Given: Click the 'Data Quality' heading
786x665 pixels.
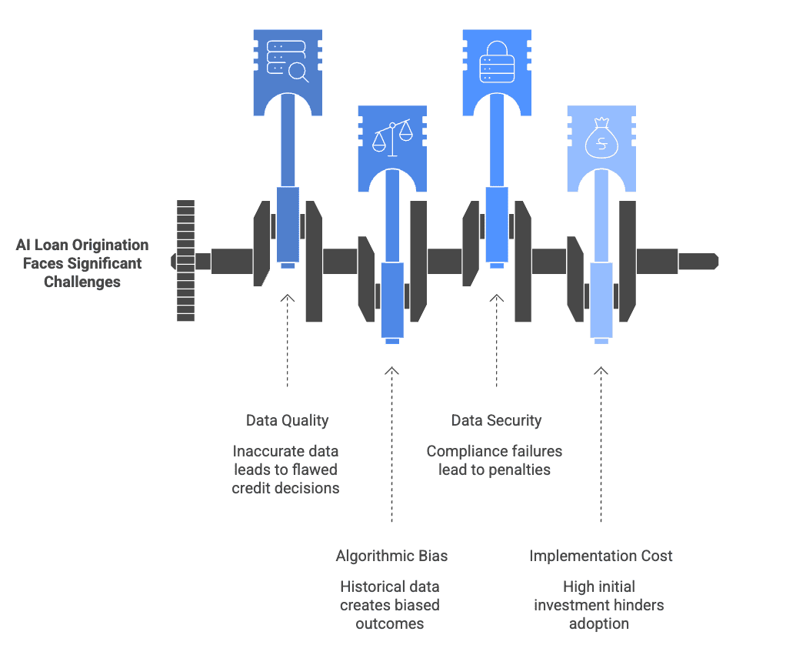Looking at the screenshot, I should click(x=287, y=420).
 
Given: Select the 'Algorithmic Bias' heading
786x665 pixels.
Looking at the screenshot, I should click(x=391, y=556).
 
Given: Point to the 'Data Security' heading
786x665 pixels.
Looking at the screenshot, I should click(x=496, y=420).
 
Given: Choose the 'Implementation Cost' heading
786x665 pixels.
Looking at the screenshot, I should click(x=601, y=556).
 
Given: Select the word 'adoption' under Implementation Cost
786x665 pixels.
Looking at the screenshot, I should click(x=599, y=623).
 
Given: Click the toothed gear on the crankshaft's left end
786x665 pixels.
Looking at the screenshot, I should click(x=185, y=260).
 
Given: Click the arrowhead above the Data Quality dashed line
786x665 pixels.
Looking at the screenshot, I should click(x=287, y=297).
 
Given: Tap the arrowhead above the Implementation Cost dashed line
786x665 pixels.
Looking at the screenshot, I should click(x=601, y=371).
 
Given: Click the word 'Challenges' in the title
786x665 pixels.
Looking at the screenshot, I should click(x=82, y=282).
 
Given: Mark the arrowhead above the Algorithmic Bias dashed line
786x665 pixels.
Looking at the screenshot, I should click(x=391, y=371).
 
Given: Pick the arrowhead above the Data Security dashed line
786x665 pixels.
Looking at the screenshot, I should click(x=496, y=297).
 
